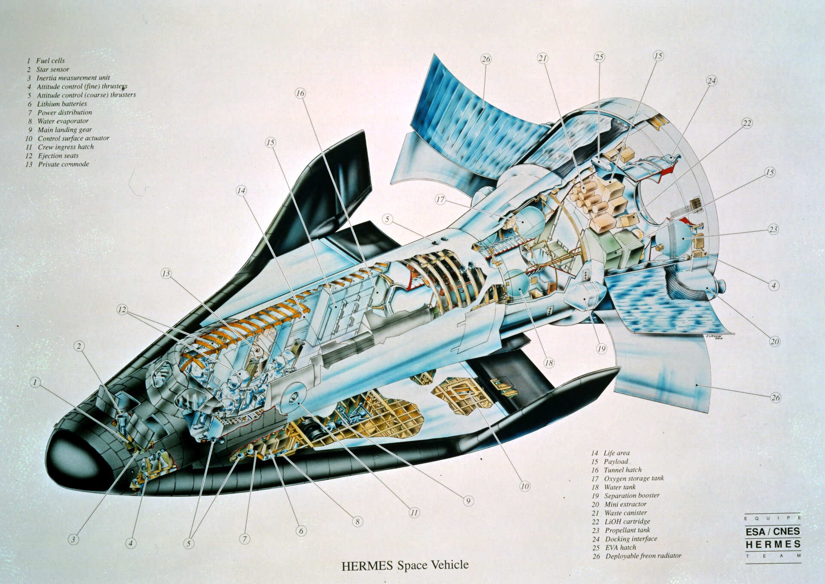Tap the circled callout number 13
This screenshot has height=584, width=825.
[x=167, y=273]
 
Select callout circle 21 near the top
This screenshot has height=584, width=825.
[x=543, y=58]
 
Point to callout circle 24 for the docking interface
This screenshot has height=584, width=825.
[x=712, y=80]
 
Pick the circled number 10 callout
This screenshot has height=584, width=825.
[x=525, y=486]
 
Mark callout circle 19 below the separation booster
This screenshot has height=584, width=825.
[x=602, y=349]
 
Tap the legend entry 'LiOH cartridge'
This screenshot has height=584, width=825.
[x=627, y=521]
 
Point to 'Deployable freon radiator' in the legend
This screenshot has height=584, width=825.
[x=644, y=556]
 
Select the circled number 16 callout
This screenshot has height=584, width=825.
[x=300, y=93]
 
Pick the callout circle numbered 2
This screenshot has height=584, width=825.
[x=79, y=346]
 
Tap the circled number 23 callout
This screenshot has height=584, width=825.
[x=773, y=229]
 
